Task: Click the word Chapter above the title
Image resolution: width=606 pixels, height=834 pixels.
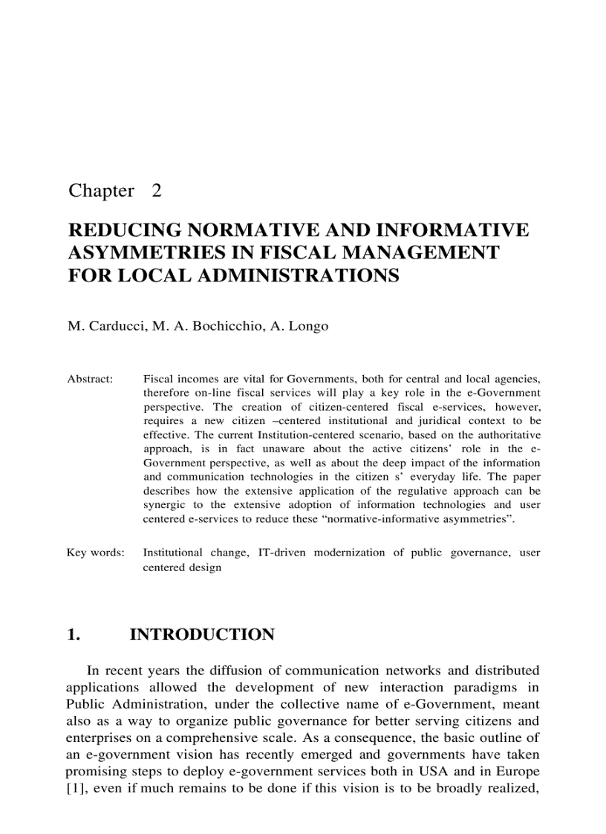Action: coord(101,191)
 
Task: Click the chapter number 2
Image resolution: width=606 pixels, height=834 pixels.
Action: coord(156,191)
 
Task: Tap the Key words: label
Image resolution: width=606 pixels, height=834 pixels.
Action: coord(96,553)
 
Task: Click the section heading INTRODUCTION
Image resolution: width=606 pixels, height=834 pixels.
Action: coord(202,635)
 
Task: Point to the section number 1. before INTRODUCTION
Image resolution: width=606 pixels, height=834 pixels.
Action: coord(73,635)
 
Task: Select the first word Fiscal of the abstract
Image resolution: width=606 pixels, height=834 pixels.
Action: coord(157,379)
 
